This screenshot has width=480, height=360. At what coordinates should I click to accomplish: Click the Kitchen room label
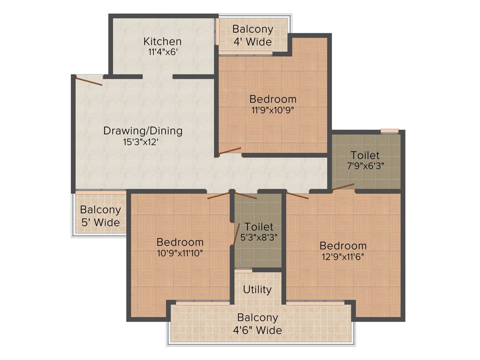[162, 41]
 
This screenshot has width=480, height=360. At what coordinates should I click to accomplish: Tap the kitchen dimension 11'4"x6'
[162, 52]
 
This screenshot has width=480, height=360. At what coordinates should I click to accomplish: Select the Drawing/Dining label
[143, 130]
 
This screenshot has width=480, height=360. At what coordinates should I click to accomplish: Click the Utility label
[257, 289]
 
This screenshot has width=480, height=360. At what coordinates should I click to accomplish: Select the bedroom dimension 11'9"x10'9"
[273, 111]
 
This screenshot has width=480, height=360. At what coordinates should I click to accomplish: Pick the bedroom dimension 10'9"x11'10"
[180, 254]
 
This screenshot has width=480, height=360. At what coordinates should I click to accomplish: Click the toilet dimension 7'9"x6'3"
[365, 166]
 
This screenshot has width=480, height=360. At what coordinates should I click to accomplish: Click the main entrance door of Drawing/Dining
[89, 81]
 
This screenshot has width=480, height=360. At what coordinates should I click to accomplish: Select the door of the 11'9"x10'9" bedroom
[230, 151]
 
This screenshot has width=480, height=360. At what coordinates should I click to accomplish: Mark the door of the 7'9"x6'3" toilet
[343, 187]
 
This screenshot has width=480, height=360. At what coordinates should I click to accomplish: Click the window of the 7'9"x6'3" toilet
[389, 131]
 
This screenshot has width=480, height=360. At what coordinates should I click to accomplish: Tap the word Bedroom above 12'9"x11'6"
[343, 246]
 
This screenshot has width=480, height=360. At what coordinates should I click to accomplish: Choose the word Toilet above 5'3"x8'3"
[259, 227]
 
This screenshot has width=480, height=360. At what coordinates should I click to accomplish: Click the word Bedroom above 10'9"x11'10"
[180, 242]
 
